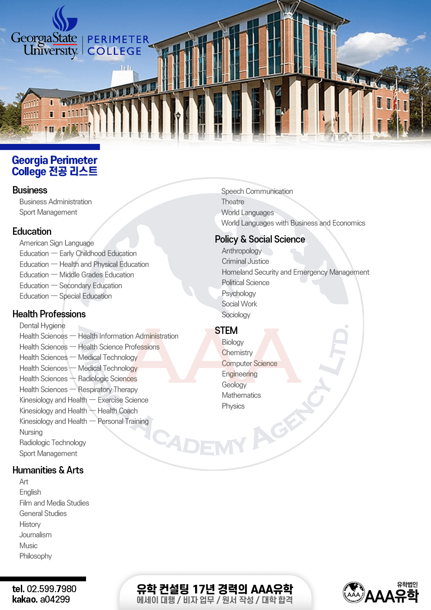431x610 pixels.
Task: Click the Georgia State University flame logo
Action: click(x=64, y=19)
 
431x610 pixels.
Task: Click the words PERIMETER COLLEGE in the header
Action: click(x=118, y=46)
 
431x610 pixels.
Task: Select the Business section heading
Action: click(x=30, y=190)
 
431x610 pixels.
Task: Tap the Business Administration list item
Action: click(x=56, y=202)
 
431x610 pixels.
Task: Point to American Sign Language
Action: click(x=56, y=243)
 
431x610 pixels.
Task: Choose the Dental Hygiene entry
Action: click(x=42, y=326)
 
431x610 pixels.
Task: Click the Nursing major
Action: click(x=31, y=432)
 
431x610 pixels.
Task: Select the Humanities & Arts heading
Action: click(x=48, y=470)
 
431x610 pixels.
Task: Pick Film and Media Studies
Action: click(x=54, y=503)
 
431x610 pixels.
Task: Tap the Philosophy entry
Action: click(x=36, y=556)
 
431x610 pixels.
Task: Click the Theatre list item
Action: click(x=233, y=202)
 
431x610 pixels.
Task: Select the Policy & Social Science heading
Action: click(x=260, y=239)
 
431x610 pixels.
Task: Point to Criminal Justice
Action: click(x=245, y=261)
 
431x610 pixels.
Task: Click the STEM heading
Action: click(x=226, y=330)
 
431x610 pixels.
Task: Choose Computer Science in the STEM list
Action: click(x=249, y=363)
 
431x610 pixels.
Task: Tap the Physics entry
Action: click(x=233, y=406)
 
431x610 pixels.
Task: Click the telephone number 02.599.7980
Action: click(x=51, y=589)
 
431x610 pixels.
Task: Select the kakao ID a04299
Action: click(x=55, y=599)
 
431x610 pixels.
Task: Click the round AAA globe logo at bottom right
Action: click(x=354, y=593)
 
